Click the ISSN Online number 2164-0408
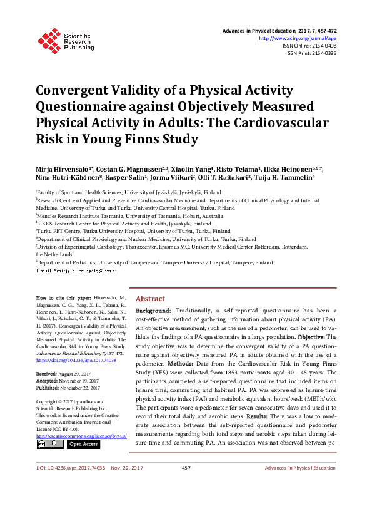coord(323,46)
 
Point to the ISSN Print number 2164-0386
coord(323,54)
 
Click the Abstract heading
coord(150,299)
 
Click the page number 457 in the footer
coord(186,485)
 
